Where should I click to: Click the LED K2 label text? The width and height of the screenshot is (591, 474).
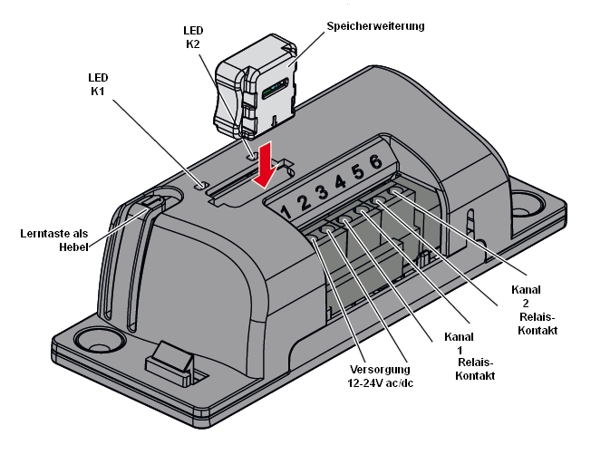192,36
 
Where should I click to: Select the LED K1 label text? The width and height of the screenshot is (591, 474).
100,83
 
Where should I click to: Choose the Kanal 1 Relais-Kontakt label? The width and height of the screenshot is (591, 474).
467,355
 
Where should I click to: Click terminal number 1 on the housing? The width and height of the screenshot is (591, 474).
286,213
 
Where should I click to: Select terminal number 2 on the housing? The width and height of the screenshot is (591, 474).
303,202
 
